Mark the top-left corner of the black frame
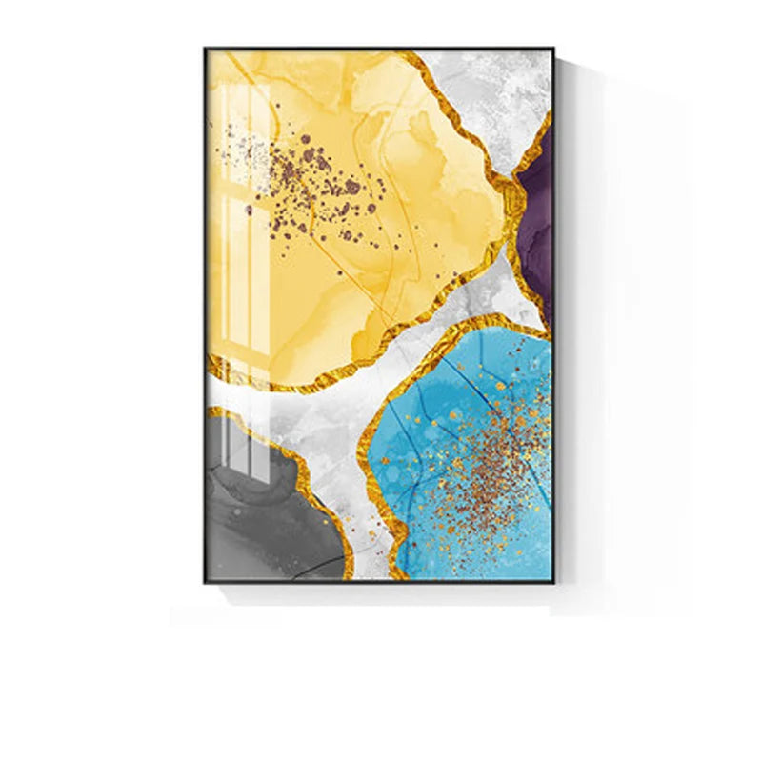(205, 49)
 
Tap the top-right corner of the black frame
(553, 49)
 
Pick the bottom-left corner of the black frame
(205, 581)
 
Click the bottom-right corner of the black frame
(553, 581)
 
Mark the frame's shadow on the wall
(571, 333)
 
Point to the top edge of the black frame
(381, 48)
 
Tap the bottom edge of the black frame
(381, 581)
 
